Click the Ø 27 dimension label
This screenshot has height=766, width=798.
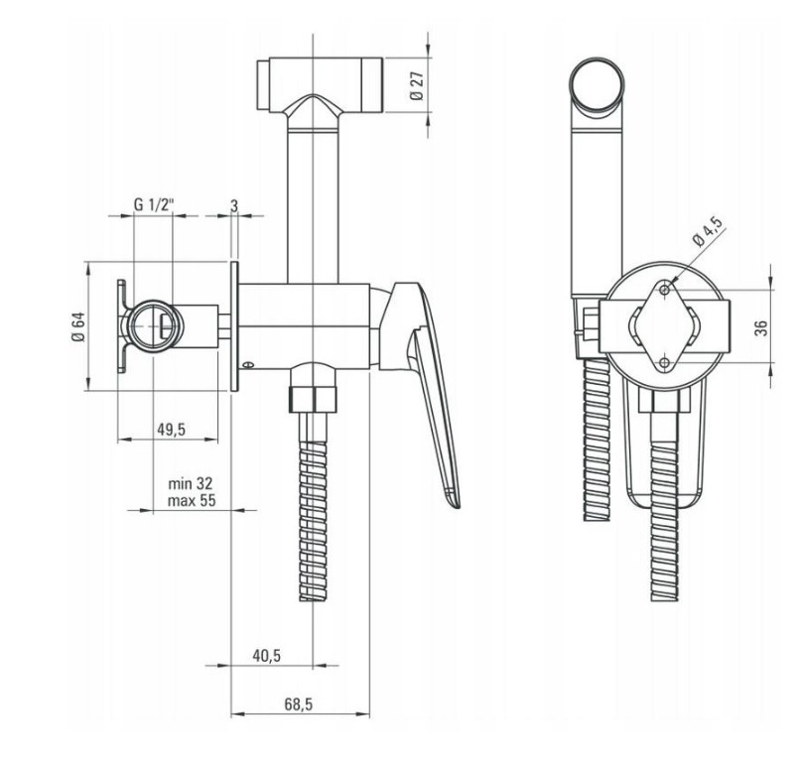[x=416, y=85]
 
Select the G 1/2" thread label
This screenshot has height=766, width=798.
[x=154, y=204]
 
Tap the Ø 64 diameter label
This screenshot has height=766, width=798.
[x=78, y=326]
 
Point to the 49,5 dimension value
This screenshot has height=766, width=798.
[x=171, y=430]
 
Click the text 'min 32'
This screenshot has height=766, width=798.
[x=191, y=482]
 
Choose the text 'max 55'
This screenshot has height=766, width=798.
[x=192, y=500]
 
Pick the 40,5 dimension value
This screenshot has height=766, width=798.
[x=267, y=656]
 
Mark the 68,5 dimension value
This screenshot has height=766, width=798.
[x=299, y=703]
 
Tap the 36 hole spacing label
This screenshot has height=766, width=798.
[x=761, y=328]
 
